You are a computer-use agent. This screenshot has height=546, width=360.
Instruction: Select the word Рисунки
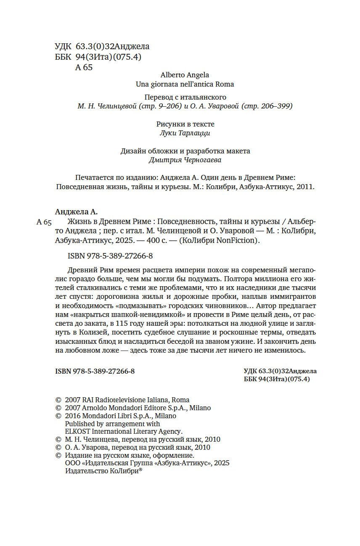[x=169, y=124]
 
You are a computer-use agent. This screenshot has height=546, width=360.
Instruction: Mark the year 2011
[x=305, y=187]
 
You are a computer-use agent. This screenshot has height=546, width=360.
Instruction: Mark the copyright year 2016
[x=74, y=416]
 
